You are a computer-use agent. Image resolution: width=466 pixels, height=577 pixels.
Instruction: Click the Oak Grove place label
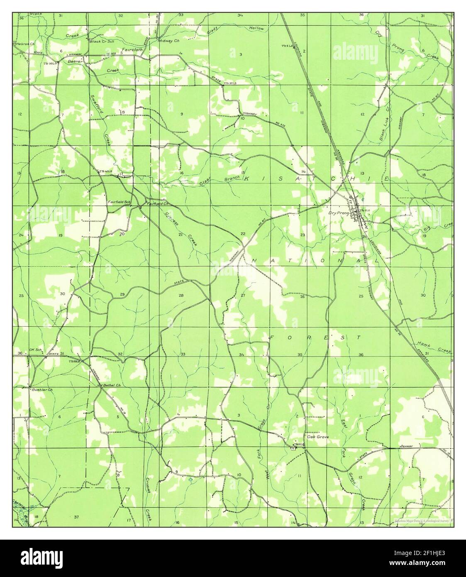[x=317, y=437]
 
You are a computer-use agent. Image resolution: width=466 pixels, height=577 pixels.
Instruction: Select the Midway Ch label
[x=168, y=41]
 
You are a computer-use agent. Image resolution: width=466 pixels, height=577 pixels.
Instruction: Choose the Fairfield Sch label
[x=119, y=202]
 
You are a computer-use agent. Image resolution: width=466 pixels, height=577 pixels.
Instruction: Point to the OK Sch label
[x=36, y=350]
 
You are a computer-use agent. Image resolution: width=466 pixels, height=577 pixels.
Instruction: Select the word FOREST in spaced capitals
[x=316, y=337]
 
